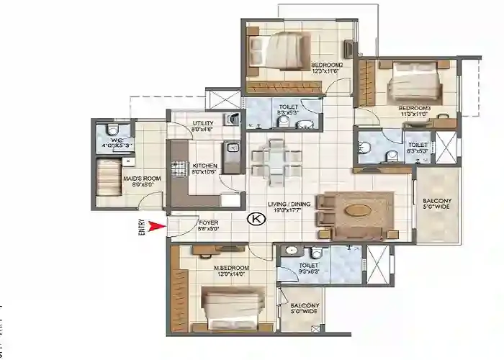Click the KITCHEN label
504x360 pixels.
(x=204, y=166)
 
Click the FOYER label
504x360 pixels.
(x=208, y=222)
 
